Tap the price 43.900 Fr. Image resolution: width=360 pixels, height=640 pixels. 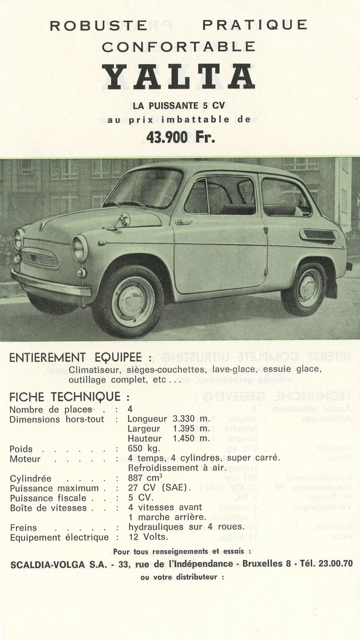click(x=180, y=137)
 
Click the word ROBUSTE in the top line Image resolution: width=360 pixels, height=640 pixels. click(x=98, y=25)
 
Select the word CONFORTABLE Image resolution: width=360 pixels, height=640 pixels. click(x=179, y=46)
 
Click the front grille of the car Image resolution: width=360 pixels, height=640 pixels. click(x=40, y=258)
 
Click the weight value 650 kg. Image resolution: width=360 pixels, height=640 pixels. click(x=144, y=448)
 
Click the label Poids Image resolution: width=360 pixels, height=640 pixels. click(x=21, y=449)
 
